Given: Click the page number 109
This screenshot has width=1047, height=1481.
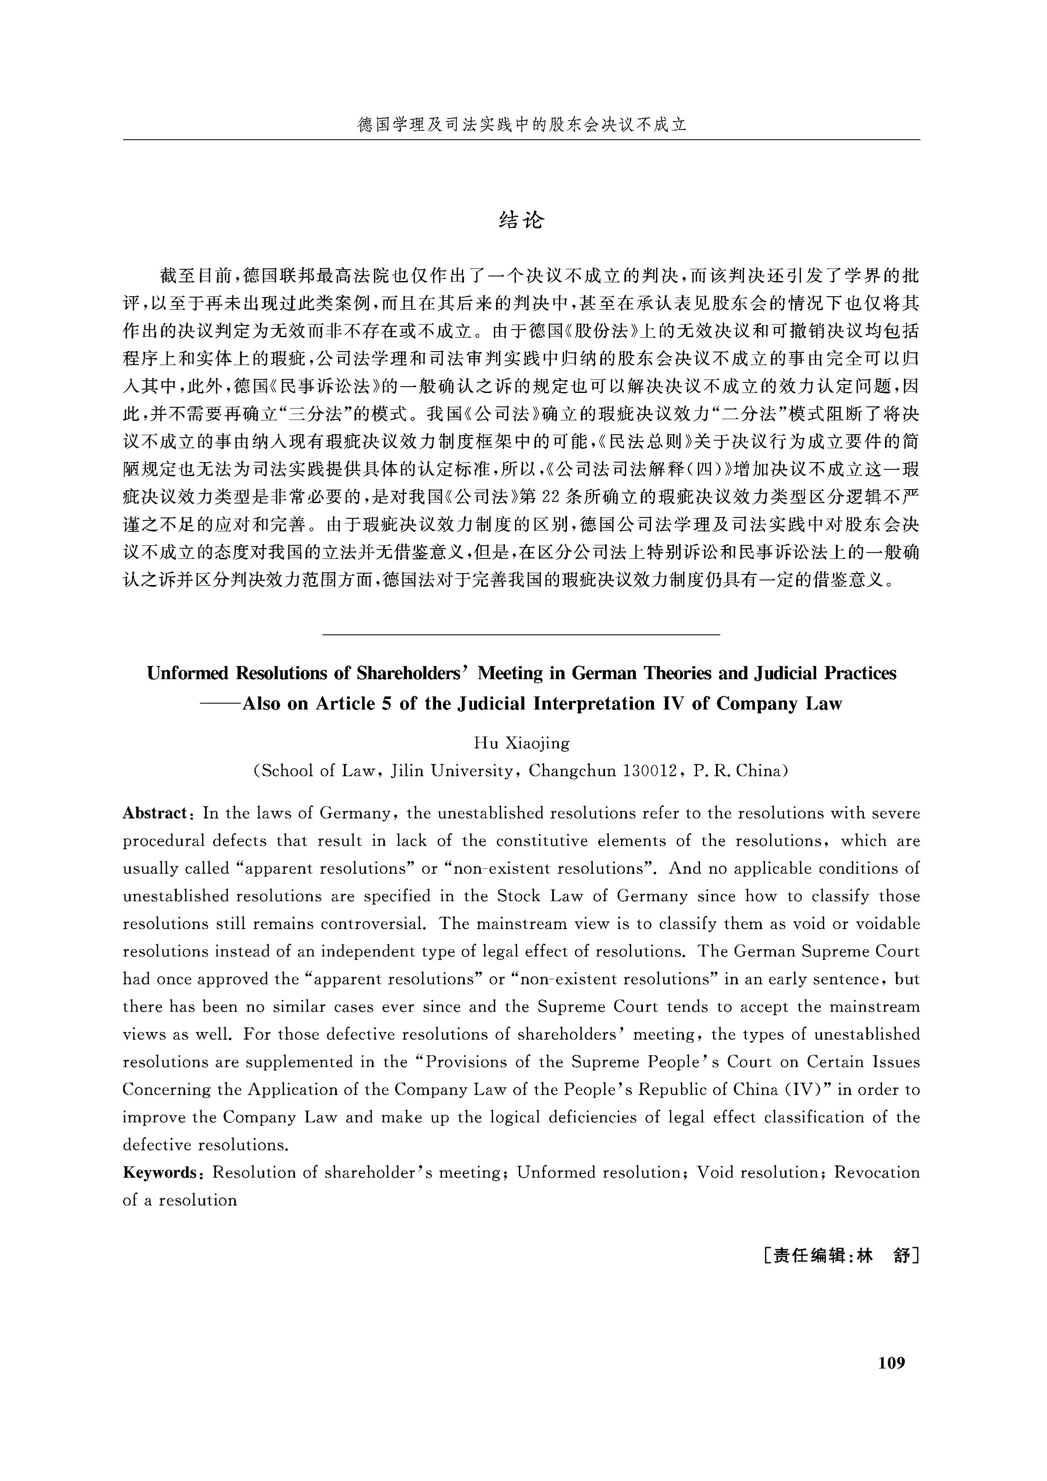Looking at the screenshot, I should (892, 1362).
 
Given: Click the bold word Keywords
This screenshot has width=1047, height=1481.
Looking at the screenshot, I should (159, 1172).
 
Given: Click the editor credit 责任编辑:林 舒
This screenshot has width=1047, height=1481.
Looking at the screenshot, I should (840, 1274).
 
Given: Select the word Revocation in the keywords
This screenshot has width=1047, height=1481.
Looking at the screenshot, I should (877, 1172).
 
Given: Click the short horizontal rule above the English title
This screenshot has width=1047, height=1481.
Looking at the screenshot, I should (521, 635).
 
